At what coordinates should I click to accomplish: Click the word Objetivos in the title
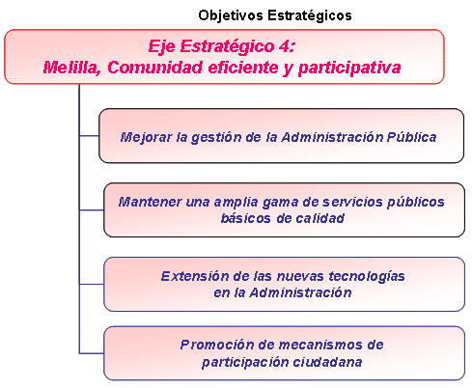click(231, 15)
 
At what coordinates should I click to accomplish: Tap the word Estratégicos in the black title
click(310, 15)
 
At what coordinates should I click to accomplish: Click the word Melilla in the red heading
click(71, 68)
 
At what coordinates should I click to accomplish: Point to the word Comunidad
click(155, 68)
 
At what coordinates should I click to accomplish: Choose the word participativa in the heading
click(349, 69)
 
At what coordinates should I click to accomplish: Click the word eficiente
click(243, 68)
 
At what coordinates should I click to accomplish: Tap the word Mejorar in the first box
click(147, 137)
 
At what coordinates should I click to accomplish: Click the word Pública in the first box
click(411, 137)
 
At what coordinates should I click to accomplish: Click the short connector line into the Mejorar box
click(89, 136)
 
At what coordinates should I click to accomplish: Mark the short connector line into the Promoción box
click(92, 353)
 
